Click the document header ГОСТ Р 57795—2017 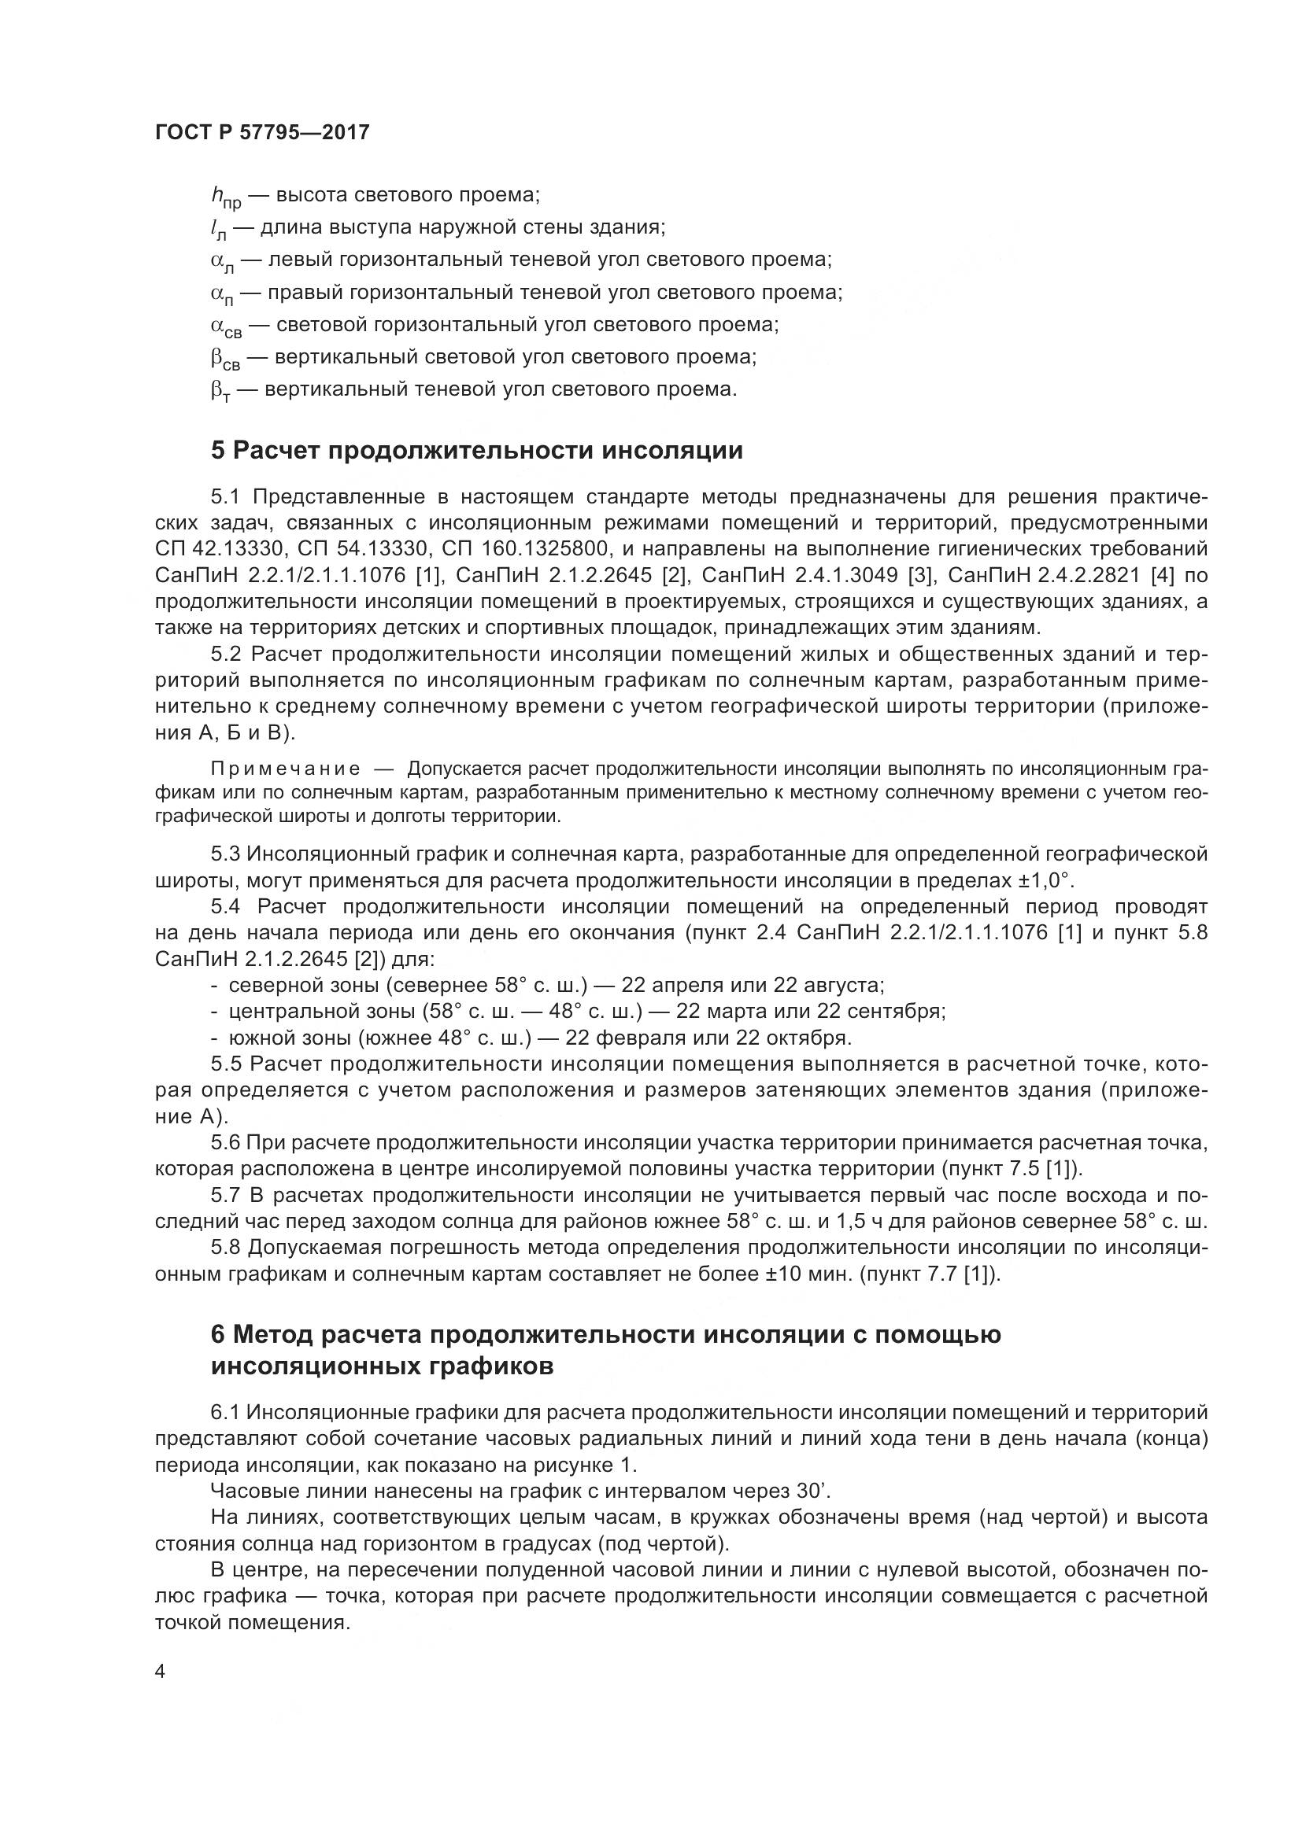(x=262, y=133)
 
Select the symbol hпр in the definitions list (x=226, y=197)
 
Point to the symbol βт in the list (x=220, y=391)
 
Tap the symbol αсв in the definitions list (x=226, y=326)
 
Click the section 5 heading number (x=218, y=452)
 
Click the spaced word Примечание (x=285, y=769)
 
